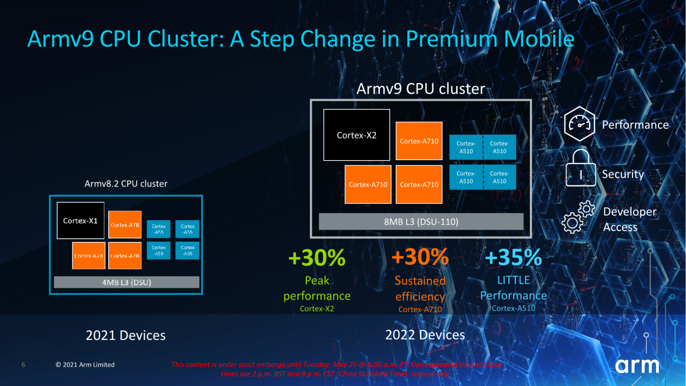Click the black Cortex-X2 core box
click(356, 135)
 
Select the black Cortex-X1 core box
click(81, 220)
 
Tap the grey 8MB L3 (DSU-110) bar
click(421, 222)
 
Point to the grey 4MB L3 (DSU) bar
click(126, 282)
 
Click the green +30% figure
click(317, 258)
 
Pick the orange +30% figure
click(420, 258)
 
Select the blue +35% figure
click(513, 258)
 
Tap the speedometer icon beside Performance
click(580, 124)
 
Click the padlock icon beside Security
click(581, 169)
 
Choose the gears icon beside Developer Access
click(578, 218)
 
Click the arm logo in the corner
click(637, 366)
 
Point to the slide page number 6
click(23, 365)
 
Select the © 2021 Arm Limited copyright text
click(85, 365)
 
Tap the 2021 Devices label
click(125, 335)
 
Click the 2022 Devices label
click(425, 335)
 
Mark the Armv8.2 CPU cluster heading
click(126, 183)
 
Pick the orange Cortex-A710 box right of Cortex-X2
click(419, 141)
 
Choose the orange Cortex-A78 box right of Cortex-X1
click(125, 224)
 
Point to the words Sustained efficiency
click(420, 288)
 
